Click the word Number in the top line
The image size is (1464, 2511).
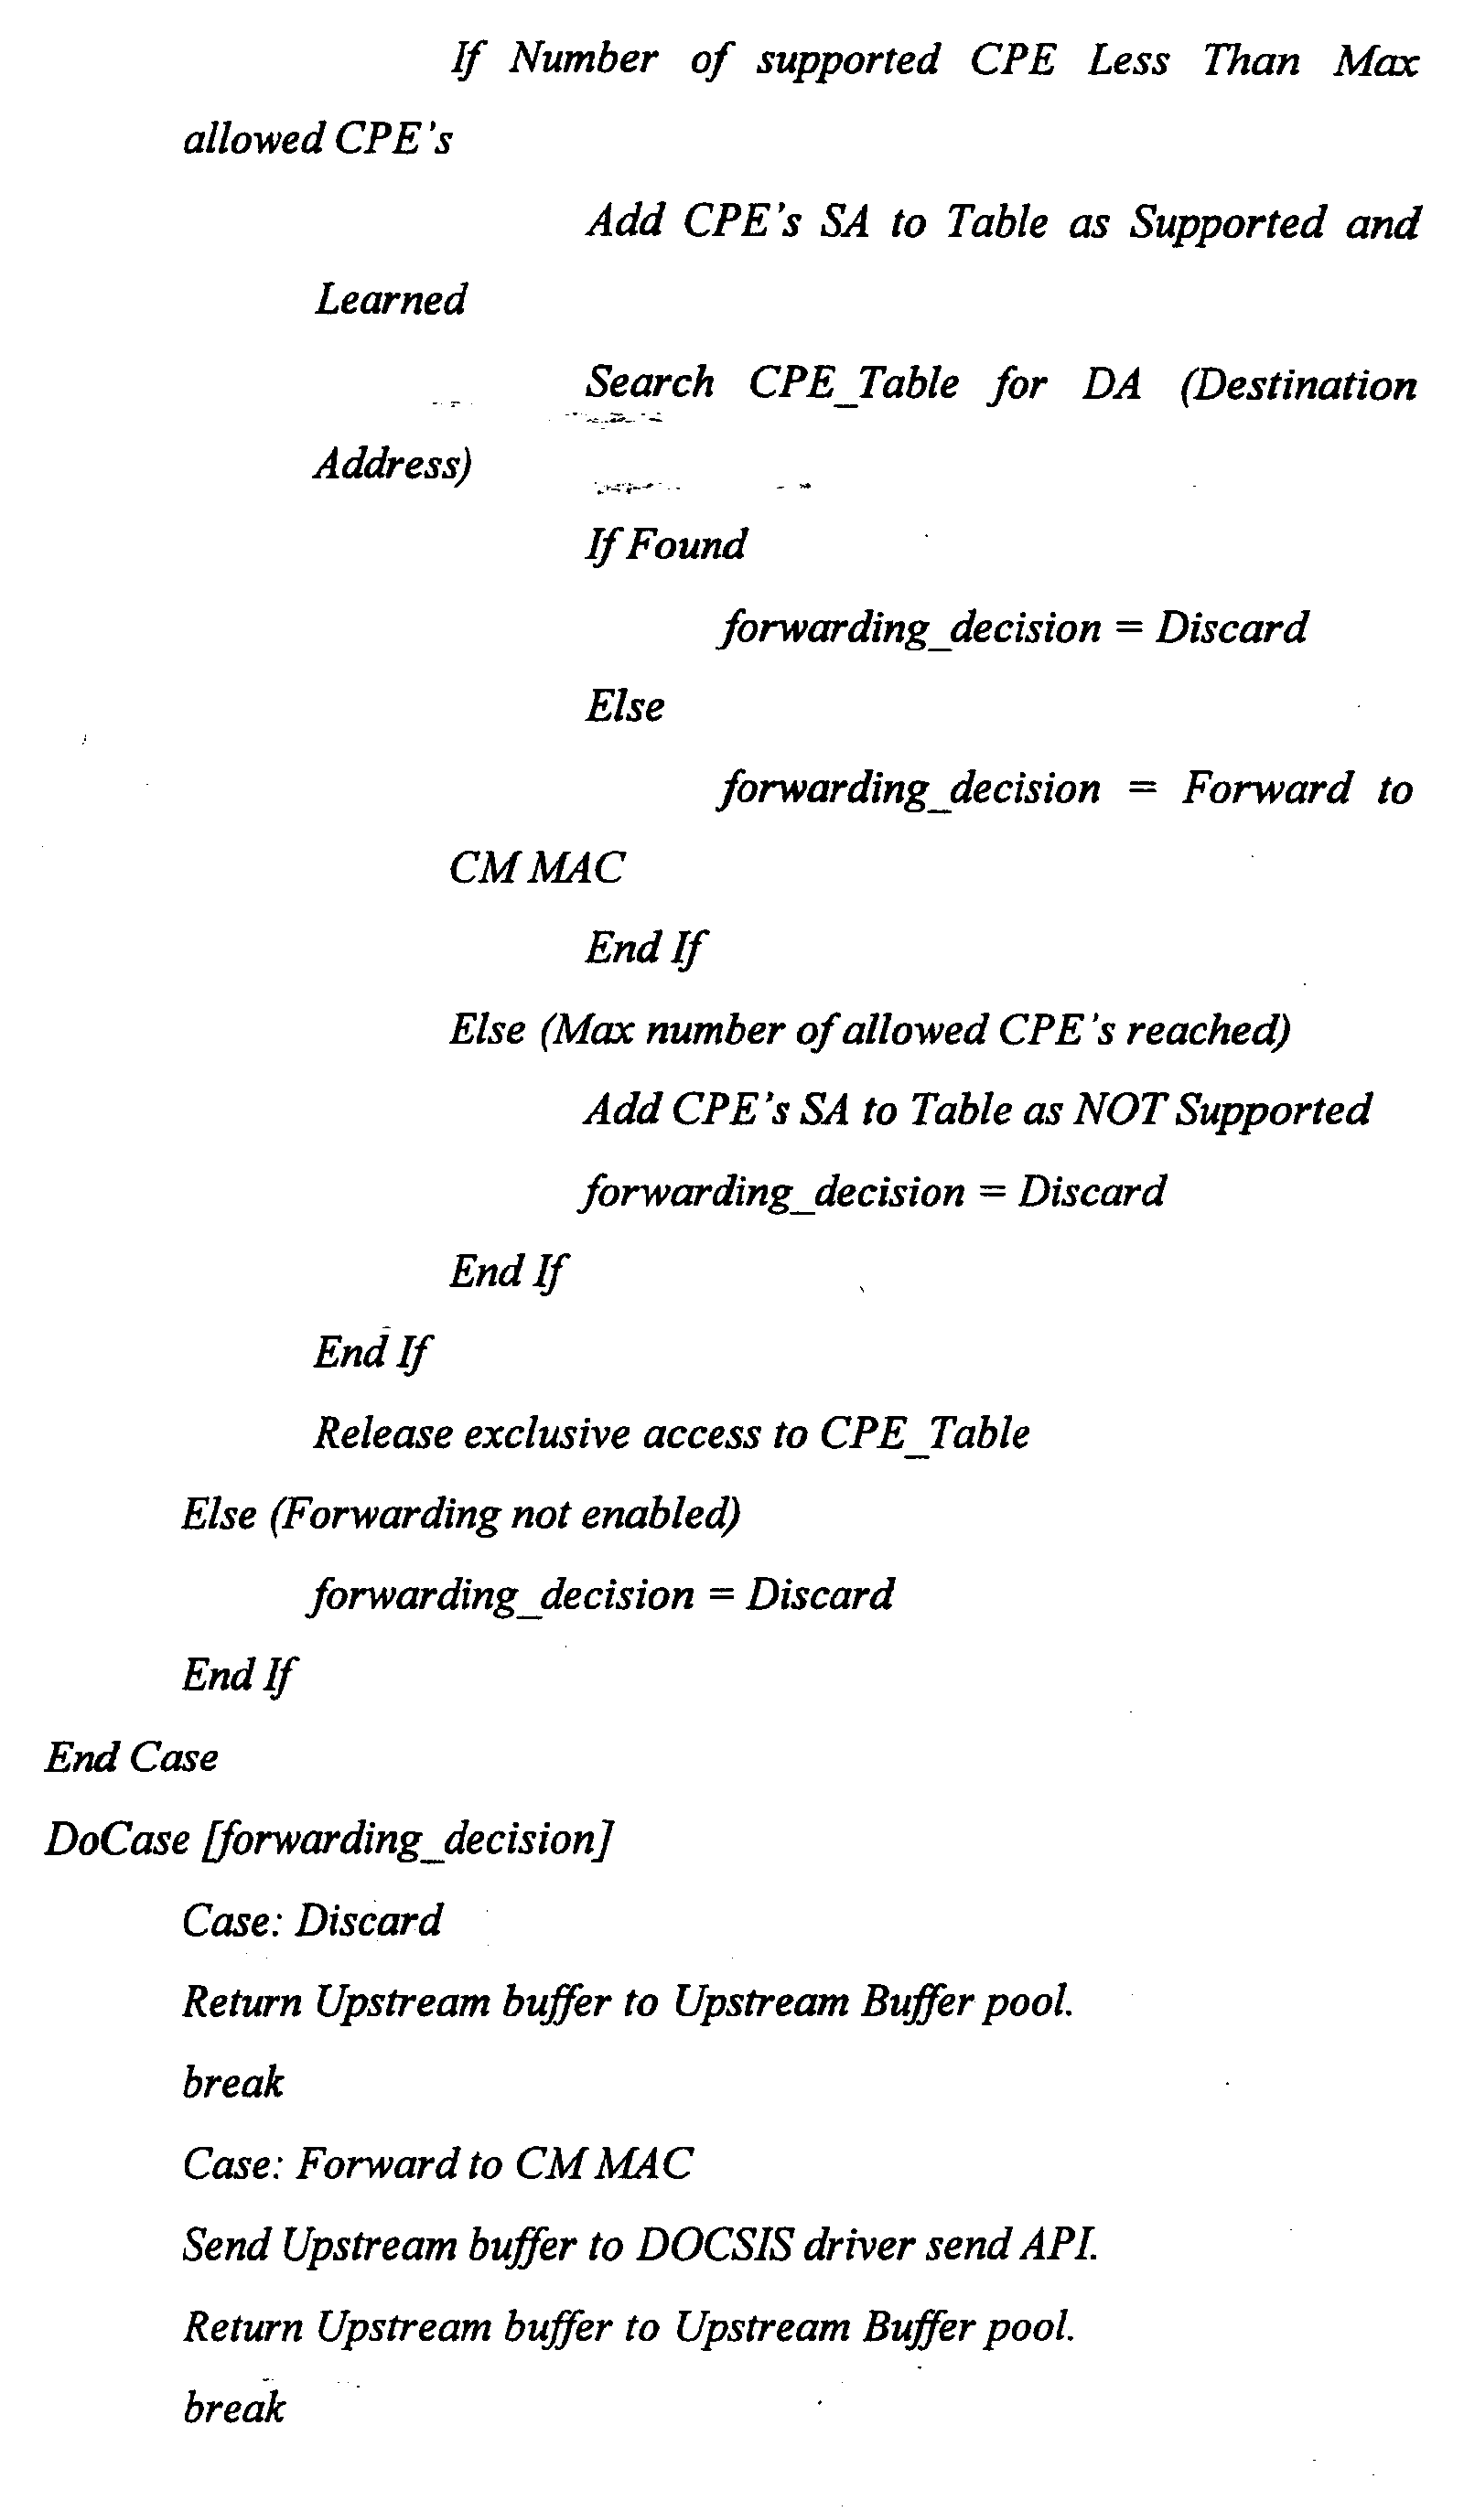583,59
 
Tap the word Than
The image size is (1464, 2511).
1251,59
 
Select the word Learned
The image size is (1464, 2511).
391,299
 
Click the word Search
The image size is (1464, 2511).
650,381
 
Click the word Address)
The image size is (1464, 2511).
393,465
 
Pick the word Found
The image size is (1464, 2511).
686,544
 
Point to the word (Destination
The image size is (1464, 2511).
1298,384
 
